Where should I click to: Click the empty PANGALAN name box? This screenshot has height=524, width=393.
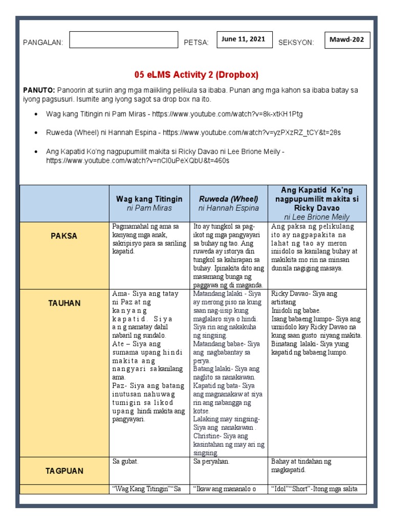pos(123,40)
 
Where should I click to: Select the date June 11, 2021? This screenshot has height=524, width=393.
pos(243,39)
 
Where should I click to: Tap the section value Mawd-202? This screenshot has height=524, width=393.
pos(347,40)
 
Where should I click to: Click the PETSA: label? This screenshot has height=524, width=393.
pos(196,42)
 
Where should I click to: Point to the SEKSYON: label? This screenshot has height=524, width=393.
pos(296,42)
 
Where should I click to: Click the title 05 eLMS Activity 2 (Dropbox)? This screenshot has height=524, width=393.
pos(196,75)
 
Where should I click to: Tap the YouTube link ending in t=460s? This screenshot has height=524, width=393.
pos(138,160)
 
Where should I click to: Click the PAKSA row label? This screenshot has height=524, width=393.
pos(64,236)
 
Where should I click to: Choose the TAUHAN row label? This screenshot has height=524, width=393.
pos(64,303)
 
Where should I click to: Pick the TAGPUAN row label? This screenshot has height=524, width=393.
pos(64,471)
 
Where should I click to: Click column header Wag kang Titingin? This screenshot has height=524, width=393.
pos(149,199)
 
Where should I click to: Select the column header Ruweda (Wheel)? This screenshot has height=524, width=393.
pos(228,199)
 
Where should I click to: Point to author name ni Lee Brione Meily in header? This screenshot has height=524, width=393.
pos(319,217)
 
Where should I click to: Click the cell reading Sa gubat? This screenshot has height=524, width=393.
pos(126,462)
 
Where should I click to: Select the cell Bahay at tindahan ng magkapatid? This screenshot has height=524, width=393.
pos(301,466)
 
